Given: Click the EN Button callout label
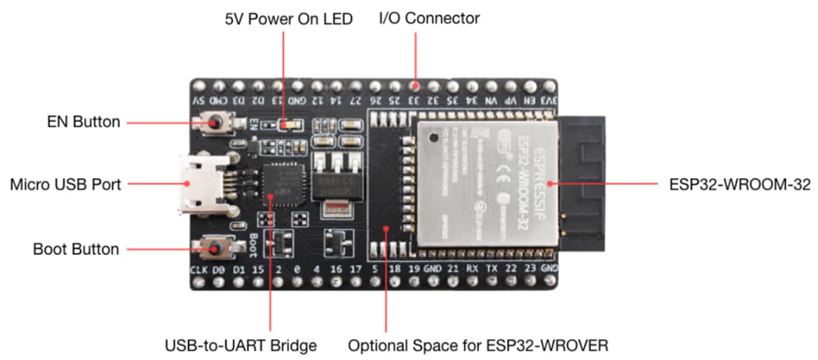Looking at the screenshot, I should (84, 122).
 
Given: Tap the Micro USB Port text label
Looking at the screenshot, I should (65, 183).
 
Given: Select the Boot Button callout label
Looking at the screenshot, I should (76, 248).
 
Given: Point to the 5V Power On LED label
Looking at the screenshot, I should (289, 18).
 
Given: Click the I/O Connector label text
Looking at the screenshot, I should (429, 18).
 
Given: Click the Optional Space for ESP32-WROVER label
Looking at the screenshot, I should (479, 345).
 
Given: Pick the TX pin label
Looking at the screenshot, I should (491, 269).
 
